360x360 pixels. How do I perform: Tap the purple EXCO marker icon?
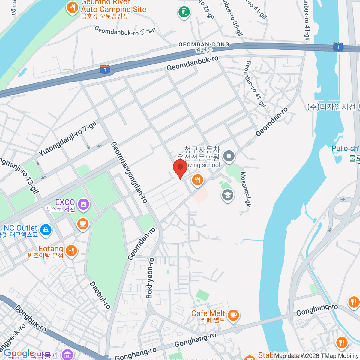point(83,204)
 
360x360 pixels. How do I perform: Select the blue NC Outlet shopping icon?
point(46,230)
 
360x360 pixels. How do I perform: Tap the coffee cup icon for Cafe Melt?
point(233,315)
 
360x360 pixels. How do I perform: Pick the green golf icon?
point(184,12)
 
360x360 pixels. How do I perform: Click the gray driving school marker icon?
point(229,156)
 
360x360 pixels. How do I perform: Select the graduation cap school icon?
point(228,195)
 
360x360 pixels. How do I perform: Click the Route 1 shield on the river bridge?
point(338,47)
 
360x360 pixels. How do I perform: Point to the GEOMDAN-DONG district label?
point(204,45)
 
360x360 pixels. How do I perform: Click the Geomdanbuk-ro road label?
point(193,63)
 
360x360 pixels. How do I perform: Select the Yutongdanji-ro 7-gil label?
point(67,138)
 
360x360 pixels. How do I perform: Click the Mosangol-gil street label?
point(245,190)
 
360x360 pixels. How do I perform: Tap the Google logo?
point(19,353)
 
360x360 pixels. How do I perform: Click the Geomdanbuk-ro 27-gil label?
point(124,31)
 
